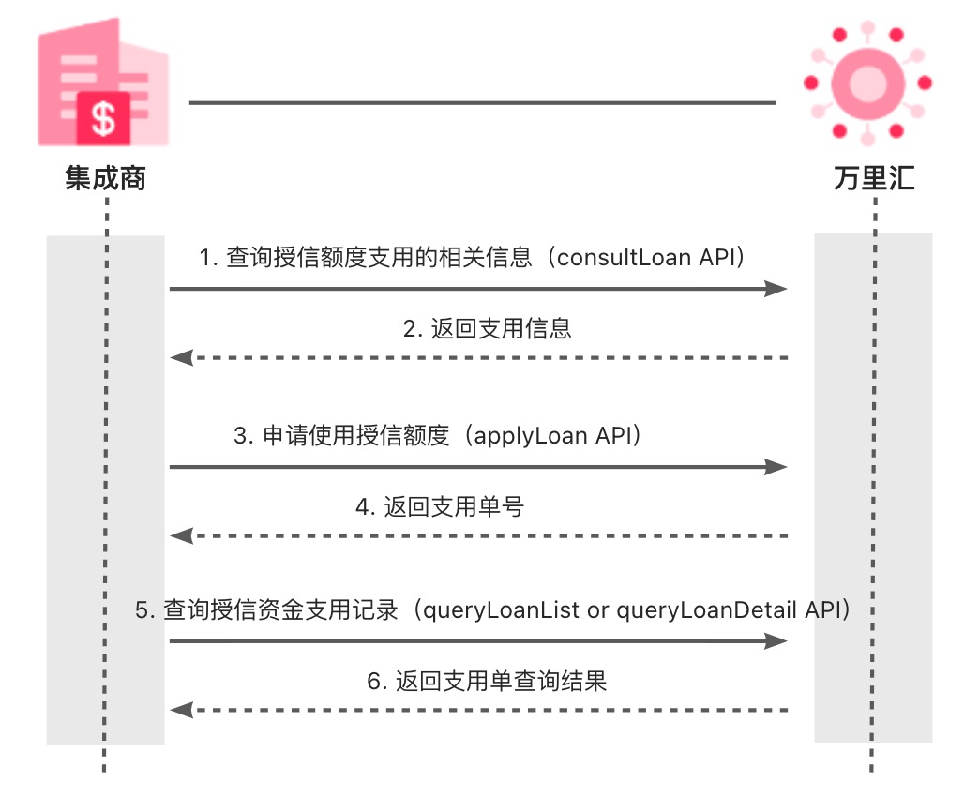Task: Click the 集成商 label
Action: [x=105, y=178]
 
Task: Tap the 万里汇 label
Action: [x=874, y=178]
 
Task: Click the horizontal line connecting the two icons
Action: [x=482, y=101]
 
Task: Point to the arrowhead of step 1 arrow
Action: [x=776, y=289]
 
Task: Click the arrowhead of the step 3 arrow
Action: [x=776, y=466]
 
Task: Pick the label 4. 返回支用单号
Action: [x=440, y=507]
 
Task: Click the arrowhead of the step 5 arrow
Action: [x=776, y=640]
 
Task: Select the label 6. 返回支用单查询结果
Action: [x=487, y=681]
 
